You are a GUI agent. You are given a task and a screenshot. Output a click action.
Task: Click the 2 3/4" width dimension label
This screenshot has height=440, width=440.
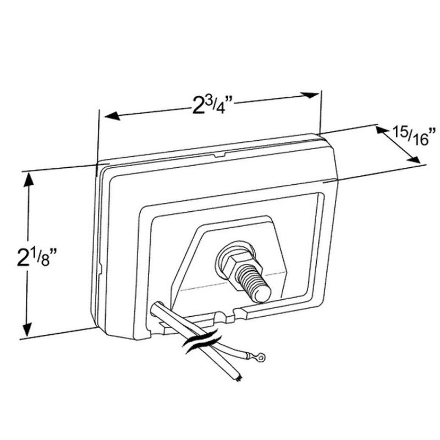click(x=212, y=105)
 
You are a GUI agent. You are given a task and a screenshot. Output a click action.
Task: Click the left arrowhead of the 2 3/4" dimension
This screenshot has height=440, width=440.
click(x=112, y=115)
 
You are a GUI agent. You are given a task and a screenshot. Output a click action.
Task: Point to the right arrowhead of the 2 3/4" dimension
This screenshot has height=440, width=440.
click(x=310, y=95)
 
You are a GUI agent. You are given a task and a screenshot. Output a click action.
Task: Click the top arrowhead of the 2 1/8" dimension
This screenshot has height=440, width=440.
click(x=28, y=180)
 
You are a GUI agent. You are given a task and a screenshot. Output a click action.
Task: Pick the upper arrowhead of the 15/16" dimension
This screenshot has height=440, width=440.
click(x=382, y=129)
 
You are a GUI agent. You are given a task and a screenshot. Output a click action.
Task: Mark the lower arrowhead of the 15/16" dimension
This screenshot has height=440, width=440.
click(x=415, y=159)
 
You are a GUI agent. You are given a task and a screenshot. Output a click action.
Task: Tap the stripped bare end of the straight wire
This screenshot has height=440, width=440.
click(x=239, y=378)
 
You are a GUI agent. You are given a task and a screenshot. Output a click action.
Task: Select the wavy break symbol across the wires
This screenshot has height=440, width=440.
click(x=201, y=341)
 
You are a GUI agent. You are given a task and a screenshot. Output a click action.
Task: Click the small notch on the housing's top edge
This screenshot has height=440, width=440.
click(x=219, y=155)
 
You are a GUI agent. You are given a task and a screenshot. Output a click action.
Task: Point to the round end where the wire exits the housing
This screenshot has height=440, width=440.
click(x=157, y=307)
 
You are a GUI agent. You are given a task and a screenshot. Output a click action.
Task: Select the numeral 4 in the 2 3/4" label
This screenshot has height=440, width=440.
click(x=221, y=109)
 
